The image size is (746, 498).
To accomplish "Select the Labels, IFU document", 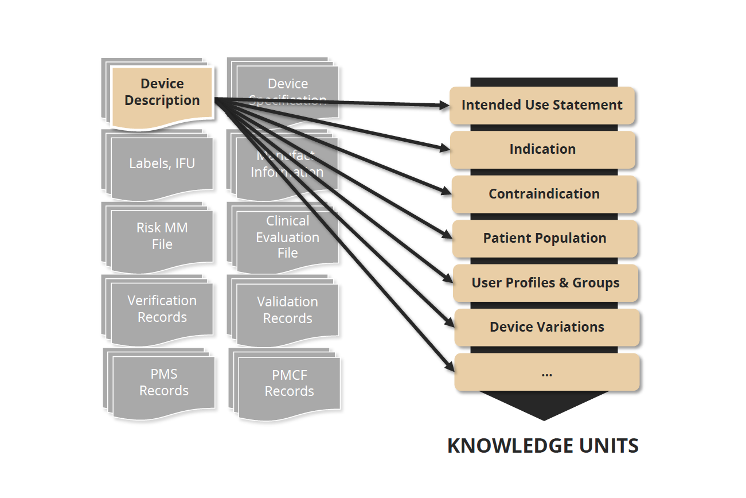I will coord(162,164).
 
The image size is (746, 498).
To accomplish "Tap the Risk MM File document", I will coord(162,236).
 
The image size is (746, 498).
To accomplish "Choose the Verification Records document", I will coord(162,309).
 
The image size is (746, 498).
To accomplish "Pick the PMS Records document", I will coord(164,382).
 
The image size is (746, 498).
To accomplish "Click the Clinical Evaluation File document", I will coord(288,237).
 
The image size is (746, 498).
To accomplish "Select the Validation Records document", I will coord(288,310).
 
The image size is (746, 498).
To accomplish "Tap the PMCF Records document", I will coord(290,383).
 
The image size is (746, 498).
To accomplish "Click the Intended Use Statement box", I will coord(542,105).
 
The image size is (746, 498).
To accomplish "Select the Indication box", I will coord(542,149).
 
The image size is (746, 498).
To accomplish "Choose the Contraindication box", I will coord(544,194).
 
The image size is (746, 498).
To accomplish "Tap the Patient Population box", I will coord(545,238).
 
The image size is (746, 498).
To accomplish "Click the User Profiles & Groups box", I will coord(545,283).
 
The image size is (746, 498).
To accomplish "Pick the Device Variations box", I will coord(546,327).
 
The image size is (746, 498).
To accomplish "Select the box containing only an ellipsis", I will coord(546,372).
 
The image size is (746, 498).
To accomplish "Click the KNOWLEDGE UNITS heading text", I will coord(542,446).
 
